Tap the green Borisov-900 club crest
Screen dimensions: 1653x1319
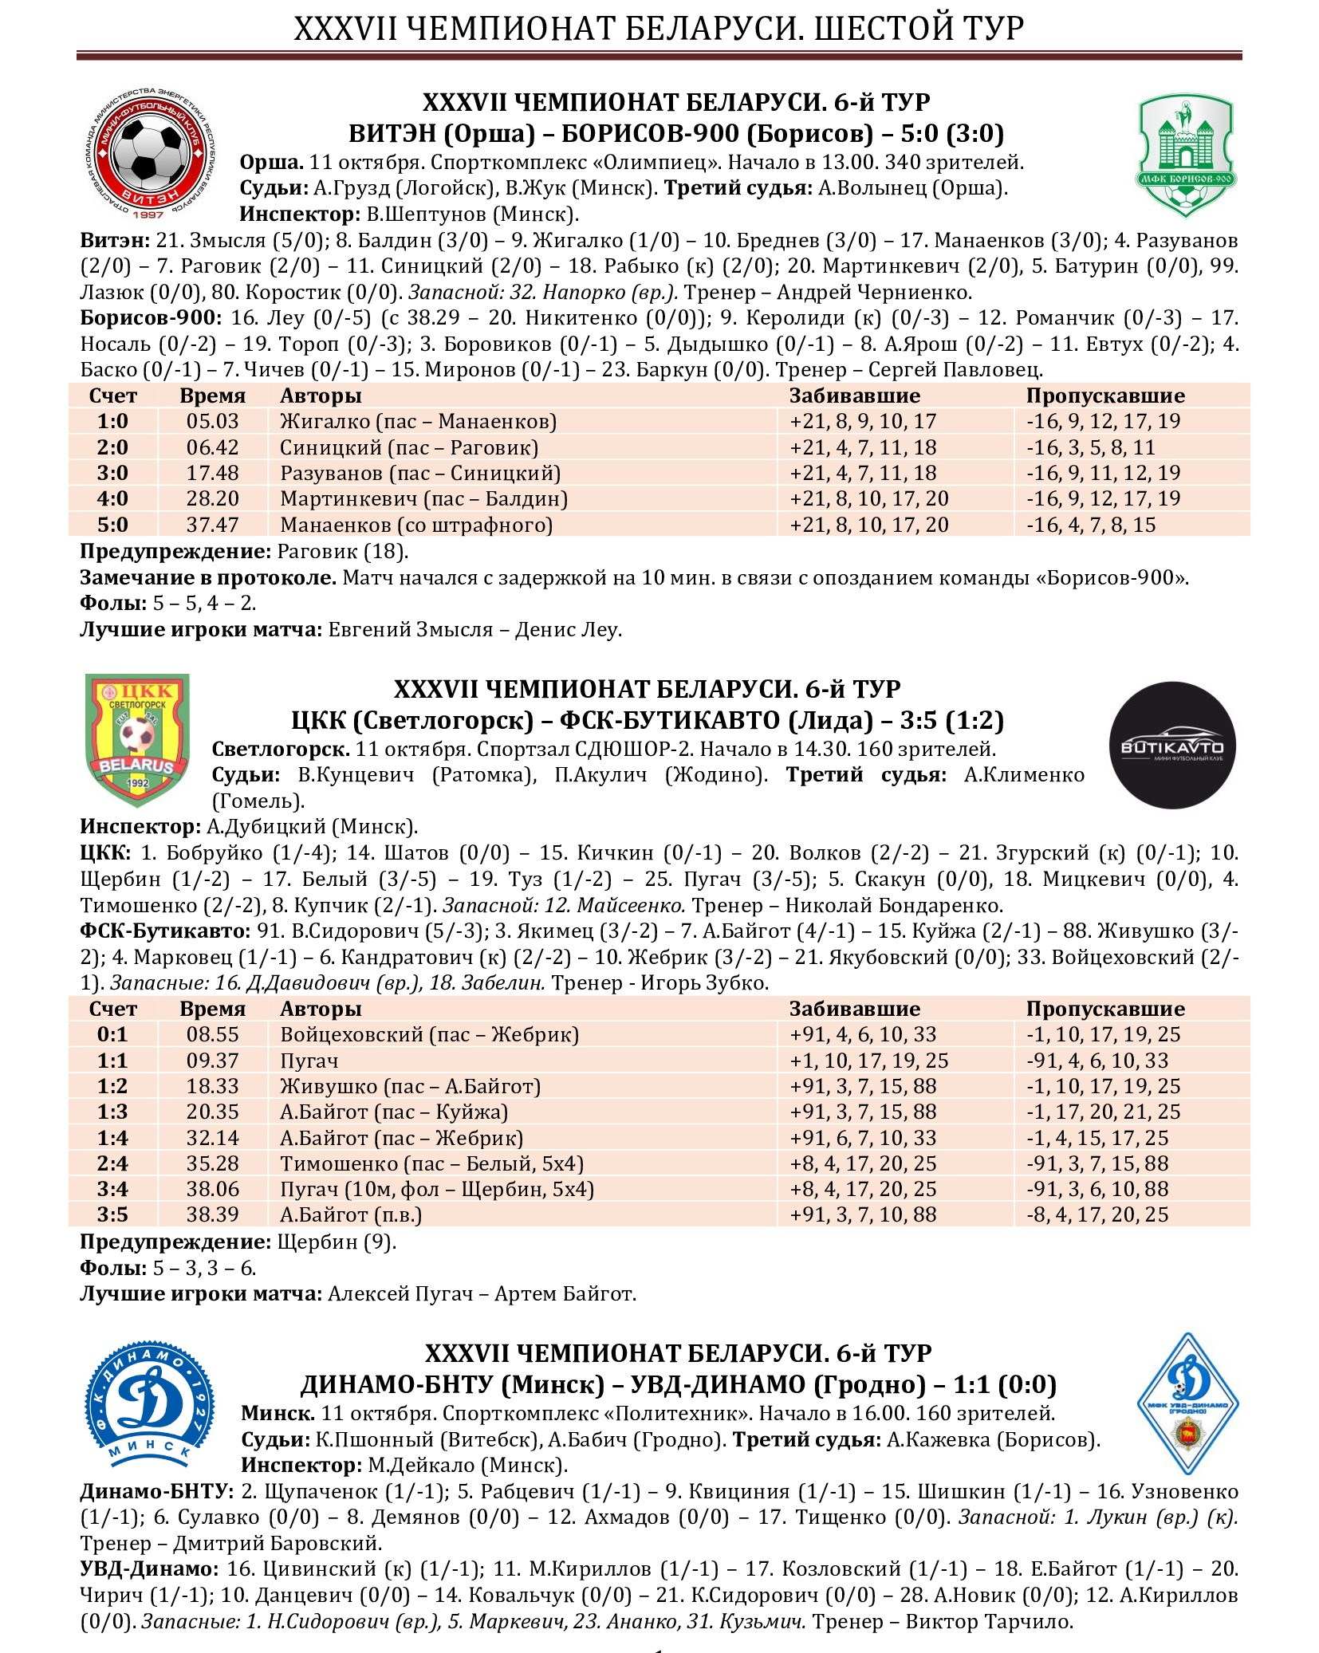click(x=1186, y=155)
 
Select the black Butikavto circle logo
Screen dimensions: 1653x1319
click(x=1172, y=745)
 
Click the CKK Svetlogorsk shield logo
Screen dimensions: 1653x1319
click(x=138, y=739)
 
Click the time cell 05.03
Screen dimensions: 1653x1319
click(x=212, y=421)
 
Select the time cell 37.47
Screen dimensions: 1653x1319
click(x=212, y=525)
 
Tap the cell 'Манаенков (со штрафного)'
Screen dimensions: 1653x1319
click(x=416, y=525)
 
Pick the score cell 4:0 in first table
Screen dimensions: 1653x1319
click(x=112, y=498)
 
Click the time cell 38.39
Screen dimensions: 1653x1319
click(x=212, y=1214)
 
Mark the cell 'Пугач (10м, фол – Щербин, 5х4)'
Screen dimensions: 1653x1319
click(x=437, y=1189)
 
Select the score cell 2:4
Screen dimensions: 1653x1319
click(x=112, y=1163)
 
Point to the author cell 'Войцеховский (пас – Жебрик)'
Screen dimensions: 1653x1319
click(x=429, y=1034)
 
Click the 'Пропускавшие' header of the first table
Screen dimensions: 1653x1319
click(x=1104, y=396)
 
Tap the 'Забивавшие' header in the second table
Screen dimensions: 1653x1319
click(x=854, y=1009)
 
